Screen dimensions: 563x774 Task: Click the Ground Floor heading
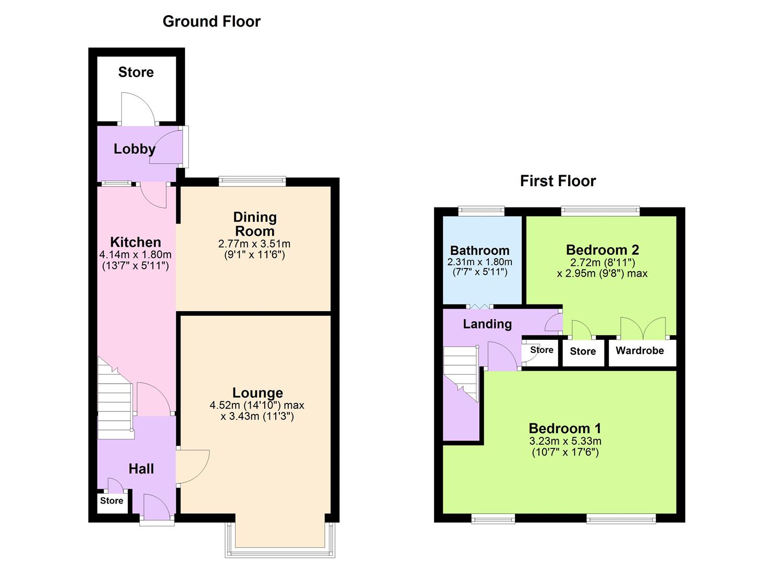click(x=211, y=21)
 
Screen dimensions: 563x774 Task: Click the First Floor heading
click(x=558, y=181)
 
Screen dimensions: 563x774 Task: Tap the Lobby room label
click(x=134, y=149)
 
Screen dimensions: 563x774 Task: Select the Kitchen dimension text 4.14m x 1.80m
click(x=136, y=255)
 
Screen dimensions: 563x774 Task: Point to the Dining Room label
click(x=254, y=224)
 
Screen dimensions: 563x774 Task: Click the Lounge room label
click(x=257, y=393)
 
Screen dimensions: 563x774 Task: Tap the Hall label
click(x=141, y=469)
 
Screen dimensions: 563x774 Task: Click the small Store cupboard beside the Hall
click(x=112, y=501)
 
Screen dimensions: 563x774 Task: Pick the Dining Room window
click(x=252, y=181)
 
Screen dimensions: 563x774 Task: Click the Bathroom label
click(x=480, y=250)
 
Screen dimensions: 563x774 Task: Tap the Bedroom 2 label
click(x=602, y=250)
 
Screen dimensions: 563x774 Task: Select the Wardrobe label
click(x=640, y=350)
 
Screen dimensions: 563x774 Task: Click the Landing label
click(x=487, y=324)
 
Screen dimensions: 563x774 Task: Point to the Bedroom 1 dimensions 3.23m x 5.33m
click(x=565, y=441)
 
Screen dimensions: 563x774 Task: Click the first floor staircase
click(x=461, y=373)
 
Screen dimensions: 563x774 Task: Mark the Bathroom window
click(x=481, y=211)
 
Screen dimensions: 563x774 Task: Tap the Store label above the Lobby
click(x=136, y=72)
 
